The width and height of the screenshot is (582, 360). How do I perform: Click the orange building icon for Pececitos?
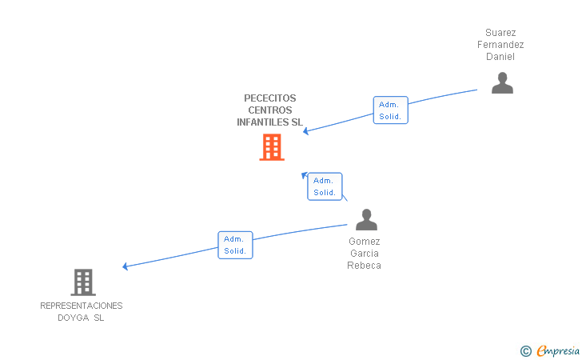272,147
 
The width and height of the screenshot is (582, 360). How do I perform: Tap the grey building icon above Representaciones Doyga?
83,282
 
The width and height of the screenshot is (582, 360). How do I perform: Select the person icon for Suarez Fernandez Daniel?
502,83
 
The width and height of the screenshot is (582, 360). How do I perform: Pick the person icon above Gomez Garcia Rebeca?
366,219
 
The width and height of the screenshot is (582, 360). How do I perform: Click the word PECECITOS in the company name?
270,98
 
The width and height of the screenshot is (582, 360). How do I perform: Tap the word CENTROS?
270,110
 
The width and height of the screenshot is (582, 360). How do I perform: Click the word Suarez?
500,33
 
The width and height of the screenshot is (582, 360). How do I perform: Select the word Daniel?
500,57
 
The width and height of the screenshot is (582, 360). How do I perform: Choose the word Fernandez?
500,45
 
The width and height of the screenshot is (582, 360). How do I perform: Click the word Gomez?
365,242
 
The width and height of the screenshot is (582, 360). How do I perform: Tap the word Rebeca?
365,266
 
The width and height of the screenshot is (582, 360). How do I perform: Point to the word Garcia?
365,254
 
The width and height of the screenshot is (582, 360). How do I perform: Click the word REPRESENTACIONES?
82,306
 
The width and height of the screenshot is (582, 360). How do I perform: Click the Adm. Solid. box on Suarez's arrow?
390,110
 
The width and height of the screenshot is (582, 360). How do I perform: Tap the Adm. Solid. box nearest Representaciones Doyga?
235,245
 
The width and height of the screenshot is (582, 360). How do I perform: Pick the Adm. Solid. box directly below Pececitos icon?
325,186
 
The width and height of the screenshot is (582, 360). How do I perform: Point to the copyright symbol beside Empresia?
525,350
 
